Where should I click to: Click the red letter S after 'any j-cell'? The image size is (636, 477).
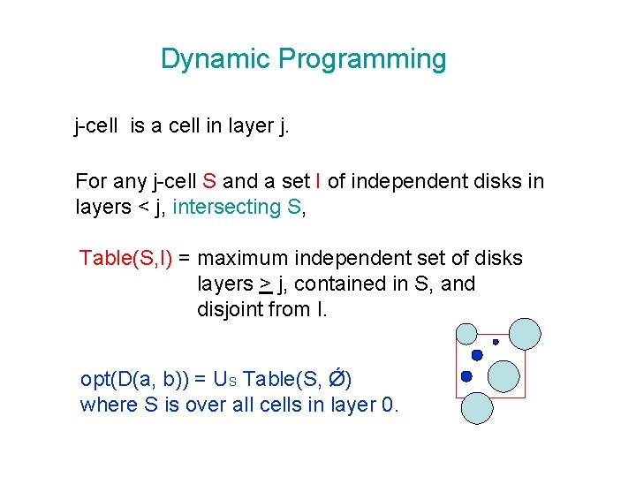209,182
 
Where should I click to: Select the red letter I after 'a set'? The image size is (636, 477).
318,182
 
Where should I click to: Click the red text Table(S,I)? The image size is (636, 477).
125,259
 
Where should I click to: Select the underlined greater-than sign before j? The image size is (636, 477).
265,284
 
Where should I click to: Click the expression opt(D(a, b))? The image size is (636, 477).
132,380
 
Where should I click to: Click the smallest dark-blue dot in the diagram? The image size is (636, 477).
496,342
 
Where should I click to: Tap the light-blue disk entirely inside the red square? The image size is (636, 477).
503,375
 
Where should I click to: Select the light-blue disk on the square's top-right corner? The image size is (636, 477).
525,333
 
